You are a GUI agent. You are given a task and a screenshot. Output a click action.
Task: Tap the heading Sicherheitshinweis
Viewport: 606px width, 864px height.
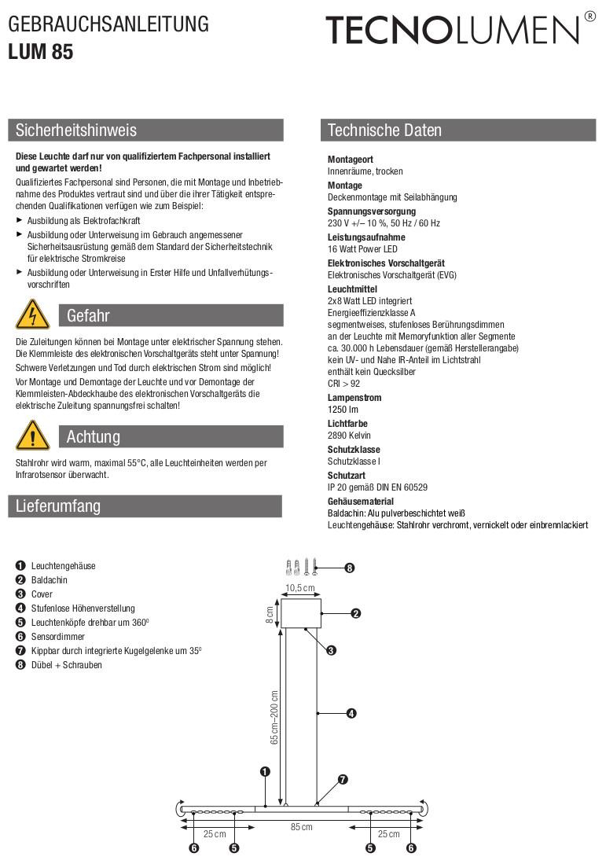76,131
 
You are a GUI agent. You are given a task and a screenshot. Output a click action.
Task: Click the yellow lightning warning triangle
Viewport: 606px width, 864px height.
32,315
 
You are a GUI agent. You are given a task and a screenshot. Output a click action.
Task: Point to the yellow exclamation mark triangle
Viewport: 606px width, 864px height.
32,436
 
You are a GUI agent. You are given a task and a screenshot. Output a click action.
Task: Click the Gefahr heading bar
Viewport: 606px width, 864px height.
171,316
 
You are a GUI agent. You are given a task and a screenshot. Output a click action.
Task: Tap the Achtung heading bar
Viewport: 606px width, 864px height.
171,436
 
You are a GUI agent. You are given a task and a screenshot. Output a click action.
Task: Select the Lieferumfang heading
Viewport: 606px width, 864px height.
58,506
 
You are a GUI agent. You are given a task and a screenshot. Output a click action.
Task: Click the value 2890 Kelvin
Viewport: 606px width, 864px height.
349,436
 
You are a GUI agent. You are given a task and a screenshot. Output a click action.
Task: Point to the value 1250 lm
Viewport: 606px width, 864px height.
343,410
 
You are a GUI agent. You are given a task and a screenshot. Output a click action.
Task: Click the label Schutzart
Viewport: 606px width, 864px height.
346,476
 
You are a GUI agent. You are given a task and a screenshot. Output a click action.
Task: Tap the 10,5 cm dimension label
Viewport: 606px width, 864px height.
299,588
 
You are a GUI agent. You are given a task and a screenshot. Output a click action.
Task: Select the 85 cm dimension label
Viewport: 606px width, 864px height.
302,827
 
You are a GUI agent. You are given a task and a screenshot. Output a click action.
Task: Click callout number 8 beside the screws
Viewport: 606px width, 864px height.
350,568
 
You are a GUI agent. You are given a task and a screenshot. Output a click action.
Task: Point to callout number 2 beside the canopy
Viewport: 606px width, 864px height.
355,613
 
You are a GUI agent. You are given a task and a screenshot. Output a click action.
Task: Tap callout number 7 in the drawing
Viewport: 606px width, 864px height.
343,780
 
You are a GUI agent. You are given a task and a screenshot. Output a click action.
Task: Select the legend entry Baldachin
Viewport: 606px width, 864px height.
50,580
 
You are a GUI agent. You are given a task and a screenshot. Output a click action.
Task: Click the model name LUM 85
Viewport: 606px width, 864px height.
41,53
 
